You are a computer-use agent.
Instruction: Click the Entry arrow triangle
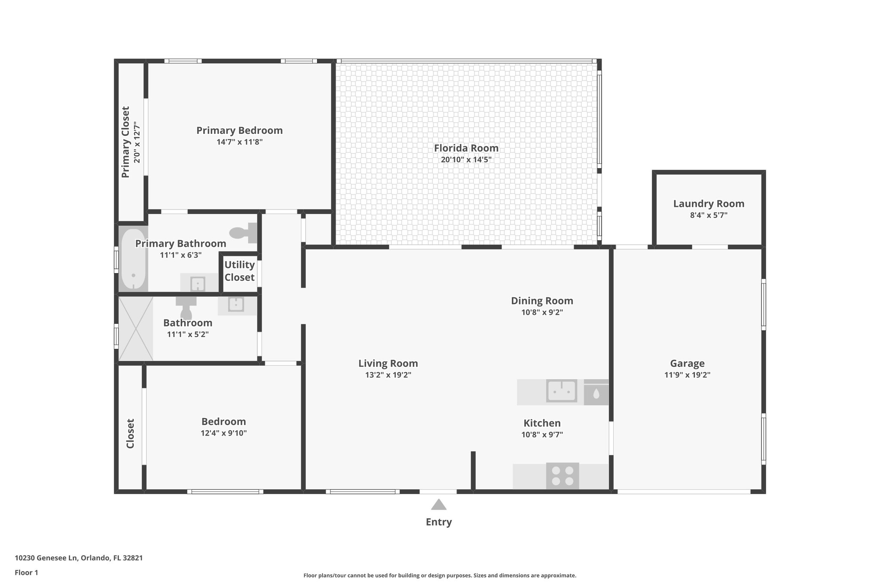pos(438,504)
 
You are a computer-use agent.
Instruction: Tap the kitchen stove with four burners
pos(562,476)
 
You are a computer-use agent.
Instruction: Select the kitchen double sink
pos(562,391)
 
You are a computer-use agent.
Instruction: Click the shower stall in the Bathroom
pos(135,329)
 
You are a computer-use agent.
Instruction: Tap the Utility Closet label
pos(239,271)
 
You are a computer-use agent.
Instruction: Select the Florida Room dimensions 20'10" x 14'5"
pos(466,160)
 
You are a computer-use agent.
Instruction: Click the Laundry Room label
pos(709,204)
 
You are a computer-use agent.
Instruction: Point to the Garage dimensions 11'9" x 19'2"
pos(687,375)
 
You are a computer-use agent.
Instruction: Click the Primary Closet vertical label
pos(125,142)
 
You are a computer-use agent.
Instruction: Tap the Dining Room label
pos(542,301)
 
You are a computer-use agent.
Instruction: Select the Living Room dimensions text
pos(388,375)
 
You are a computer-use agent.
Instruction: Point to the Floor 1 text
pos(27,572)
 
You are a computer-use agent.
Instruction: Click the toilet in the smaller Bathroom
pos(186,307)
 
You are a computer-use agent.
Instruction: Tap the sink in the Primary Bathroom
pos(198,284)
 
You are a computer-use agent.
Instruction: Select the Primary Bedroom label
pos(239,130)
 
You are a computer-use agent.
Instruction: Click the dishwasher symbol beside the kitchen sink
pos(596,393)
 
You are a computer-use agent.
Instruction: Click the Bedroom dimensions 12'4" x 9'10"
pos(223,433)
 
